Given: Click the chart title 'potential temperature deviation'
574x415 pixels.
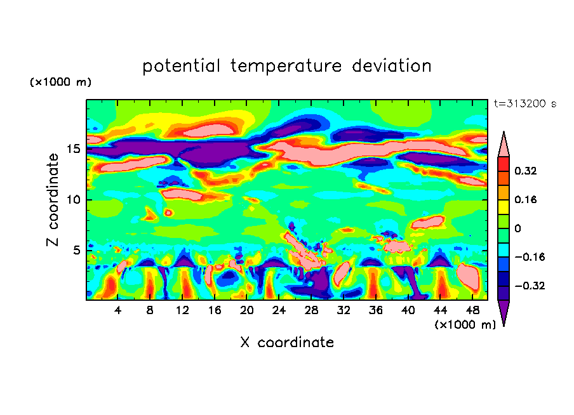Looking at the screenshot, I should [287, 66].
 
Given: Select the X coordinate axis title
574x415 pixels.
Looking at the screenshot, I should [287, 343].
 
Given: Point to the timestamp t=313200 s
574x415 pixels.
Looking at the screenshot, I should [524, 104].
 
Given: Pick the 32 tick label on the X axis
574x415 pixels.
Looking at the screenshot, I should [344, 310].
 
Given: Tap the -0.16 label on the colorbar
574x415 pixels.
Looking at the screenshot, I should [528, 257].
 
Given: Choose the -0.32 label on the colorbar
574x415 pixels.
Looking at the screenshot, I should [528, 286].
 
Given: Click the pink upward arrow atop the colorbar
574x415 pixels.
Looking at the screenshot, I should [504, 145].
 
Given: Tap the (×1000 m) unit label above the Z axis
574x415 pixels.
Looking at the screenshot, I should [60, 82].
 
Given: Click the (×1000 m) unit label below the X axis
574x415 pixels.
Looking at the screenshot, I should [465, 325].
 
